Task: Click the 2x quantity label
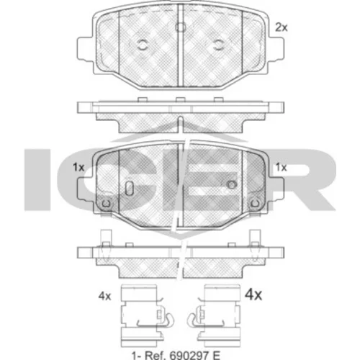point(281,28)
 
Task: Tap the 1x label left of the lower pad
point(78,167)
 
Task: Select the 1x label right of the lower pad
point(281,167)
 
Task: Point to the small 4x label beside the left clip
point(104,297)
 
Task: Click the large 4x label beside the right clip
point(253,294)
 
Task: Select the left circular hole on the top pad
point(142,45)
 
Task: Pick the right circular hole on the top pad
point(218,45)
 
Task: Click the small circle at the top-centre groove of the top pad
point(180,27)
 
